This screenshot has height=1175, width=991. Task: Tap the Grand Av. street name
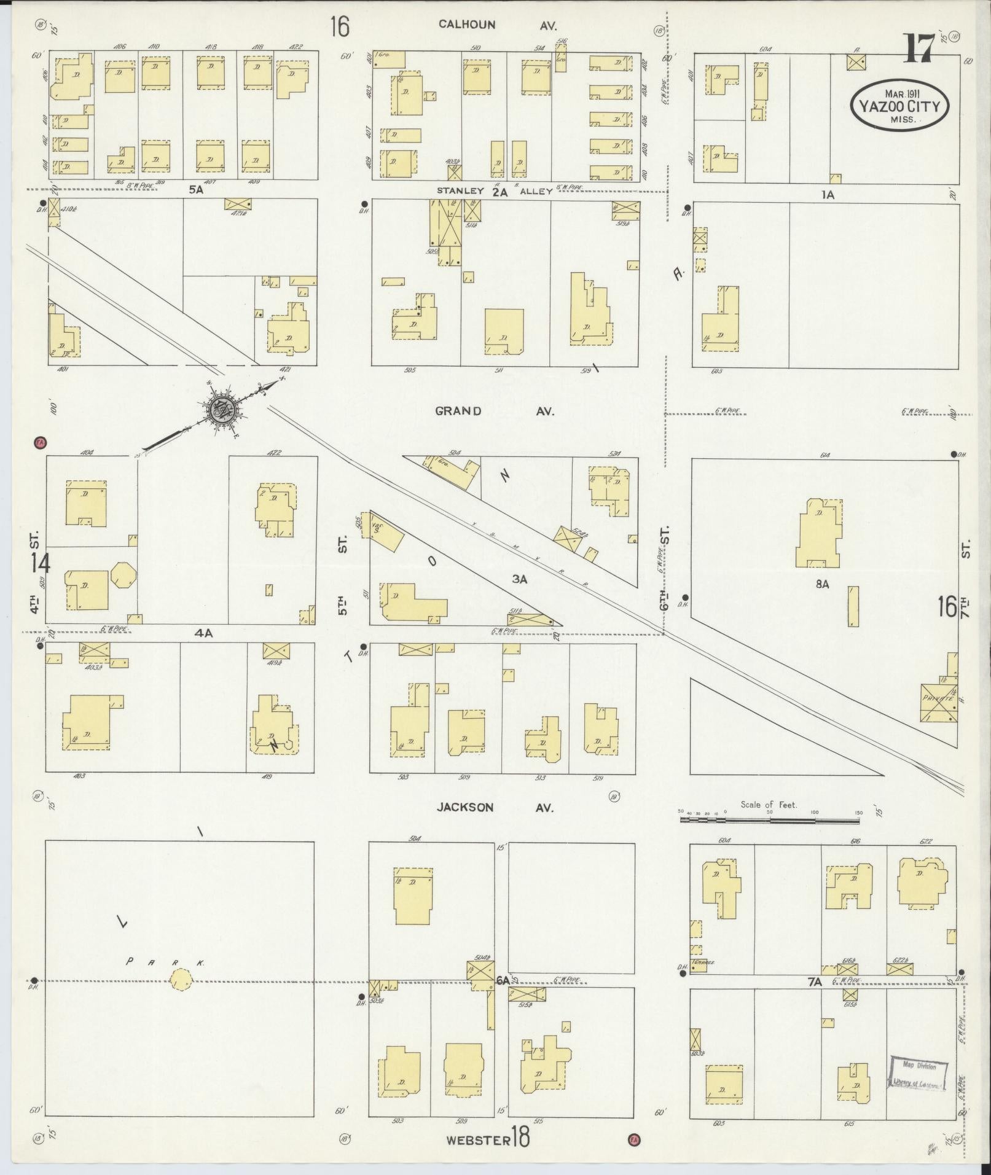click(494, 411)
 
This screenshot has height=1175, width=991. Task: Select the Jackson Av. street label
click(495, 807)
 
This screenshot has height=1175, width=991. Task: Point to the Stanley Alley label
click(495, 191)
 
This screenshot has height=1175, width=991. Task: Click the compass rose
click(219, 408)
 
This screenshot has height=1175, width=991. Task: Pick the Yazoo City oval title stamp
click(899, 106)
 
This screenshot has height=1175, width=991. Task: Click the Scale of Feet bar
click(769, 821)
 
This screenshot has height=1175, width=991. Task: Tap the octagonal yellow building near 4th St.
click(124, 575)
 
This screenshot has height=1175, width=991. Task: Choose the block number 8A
click(822, 584)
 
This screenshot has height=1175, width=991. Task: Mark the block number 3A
click(520, 579)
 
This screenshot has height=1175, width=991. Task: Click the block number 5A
click(195, 190)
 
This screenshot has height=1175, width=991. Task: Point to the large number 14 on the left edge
click(42, 563)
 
